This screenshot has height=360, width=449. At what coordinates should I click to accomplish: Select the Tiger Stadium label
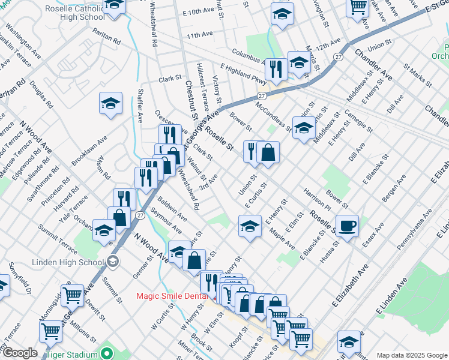[72, 354]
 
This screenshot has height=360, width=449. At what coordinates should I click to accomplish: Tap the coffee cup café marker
[347, 227]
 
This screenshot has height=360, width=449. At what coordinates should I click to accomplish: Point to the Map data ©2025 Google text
[411, 355]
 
